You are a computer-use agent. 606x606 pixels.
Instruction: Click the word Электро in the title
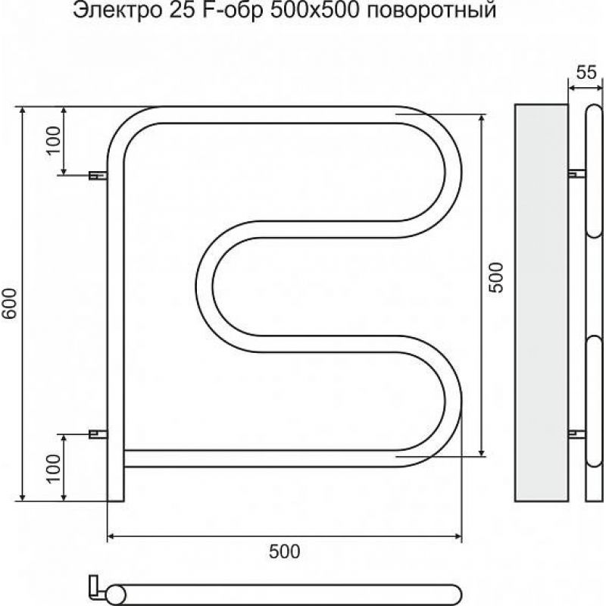tap(117, 11)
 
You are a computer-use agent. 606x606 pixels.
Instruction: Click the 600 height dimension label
tap(10, 303)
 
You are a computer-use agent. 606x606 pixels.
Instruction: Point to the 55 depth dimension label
tap(586, 72)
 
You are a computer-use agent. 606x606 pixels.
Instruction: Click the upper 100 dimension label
tap(55, 140)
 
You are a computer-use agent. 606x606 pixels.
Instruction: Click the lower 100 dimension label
tap(55, 468)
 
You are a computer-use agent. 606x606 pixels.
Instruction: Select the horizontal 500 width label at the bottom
tap(285, 551)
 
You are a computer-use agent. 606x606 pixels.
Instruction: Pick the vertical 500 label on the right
tap(497, 278)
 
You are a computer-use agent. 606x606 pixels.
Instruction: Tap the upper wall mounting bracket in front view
tap(98, 176)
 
